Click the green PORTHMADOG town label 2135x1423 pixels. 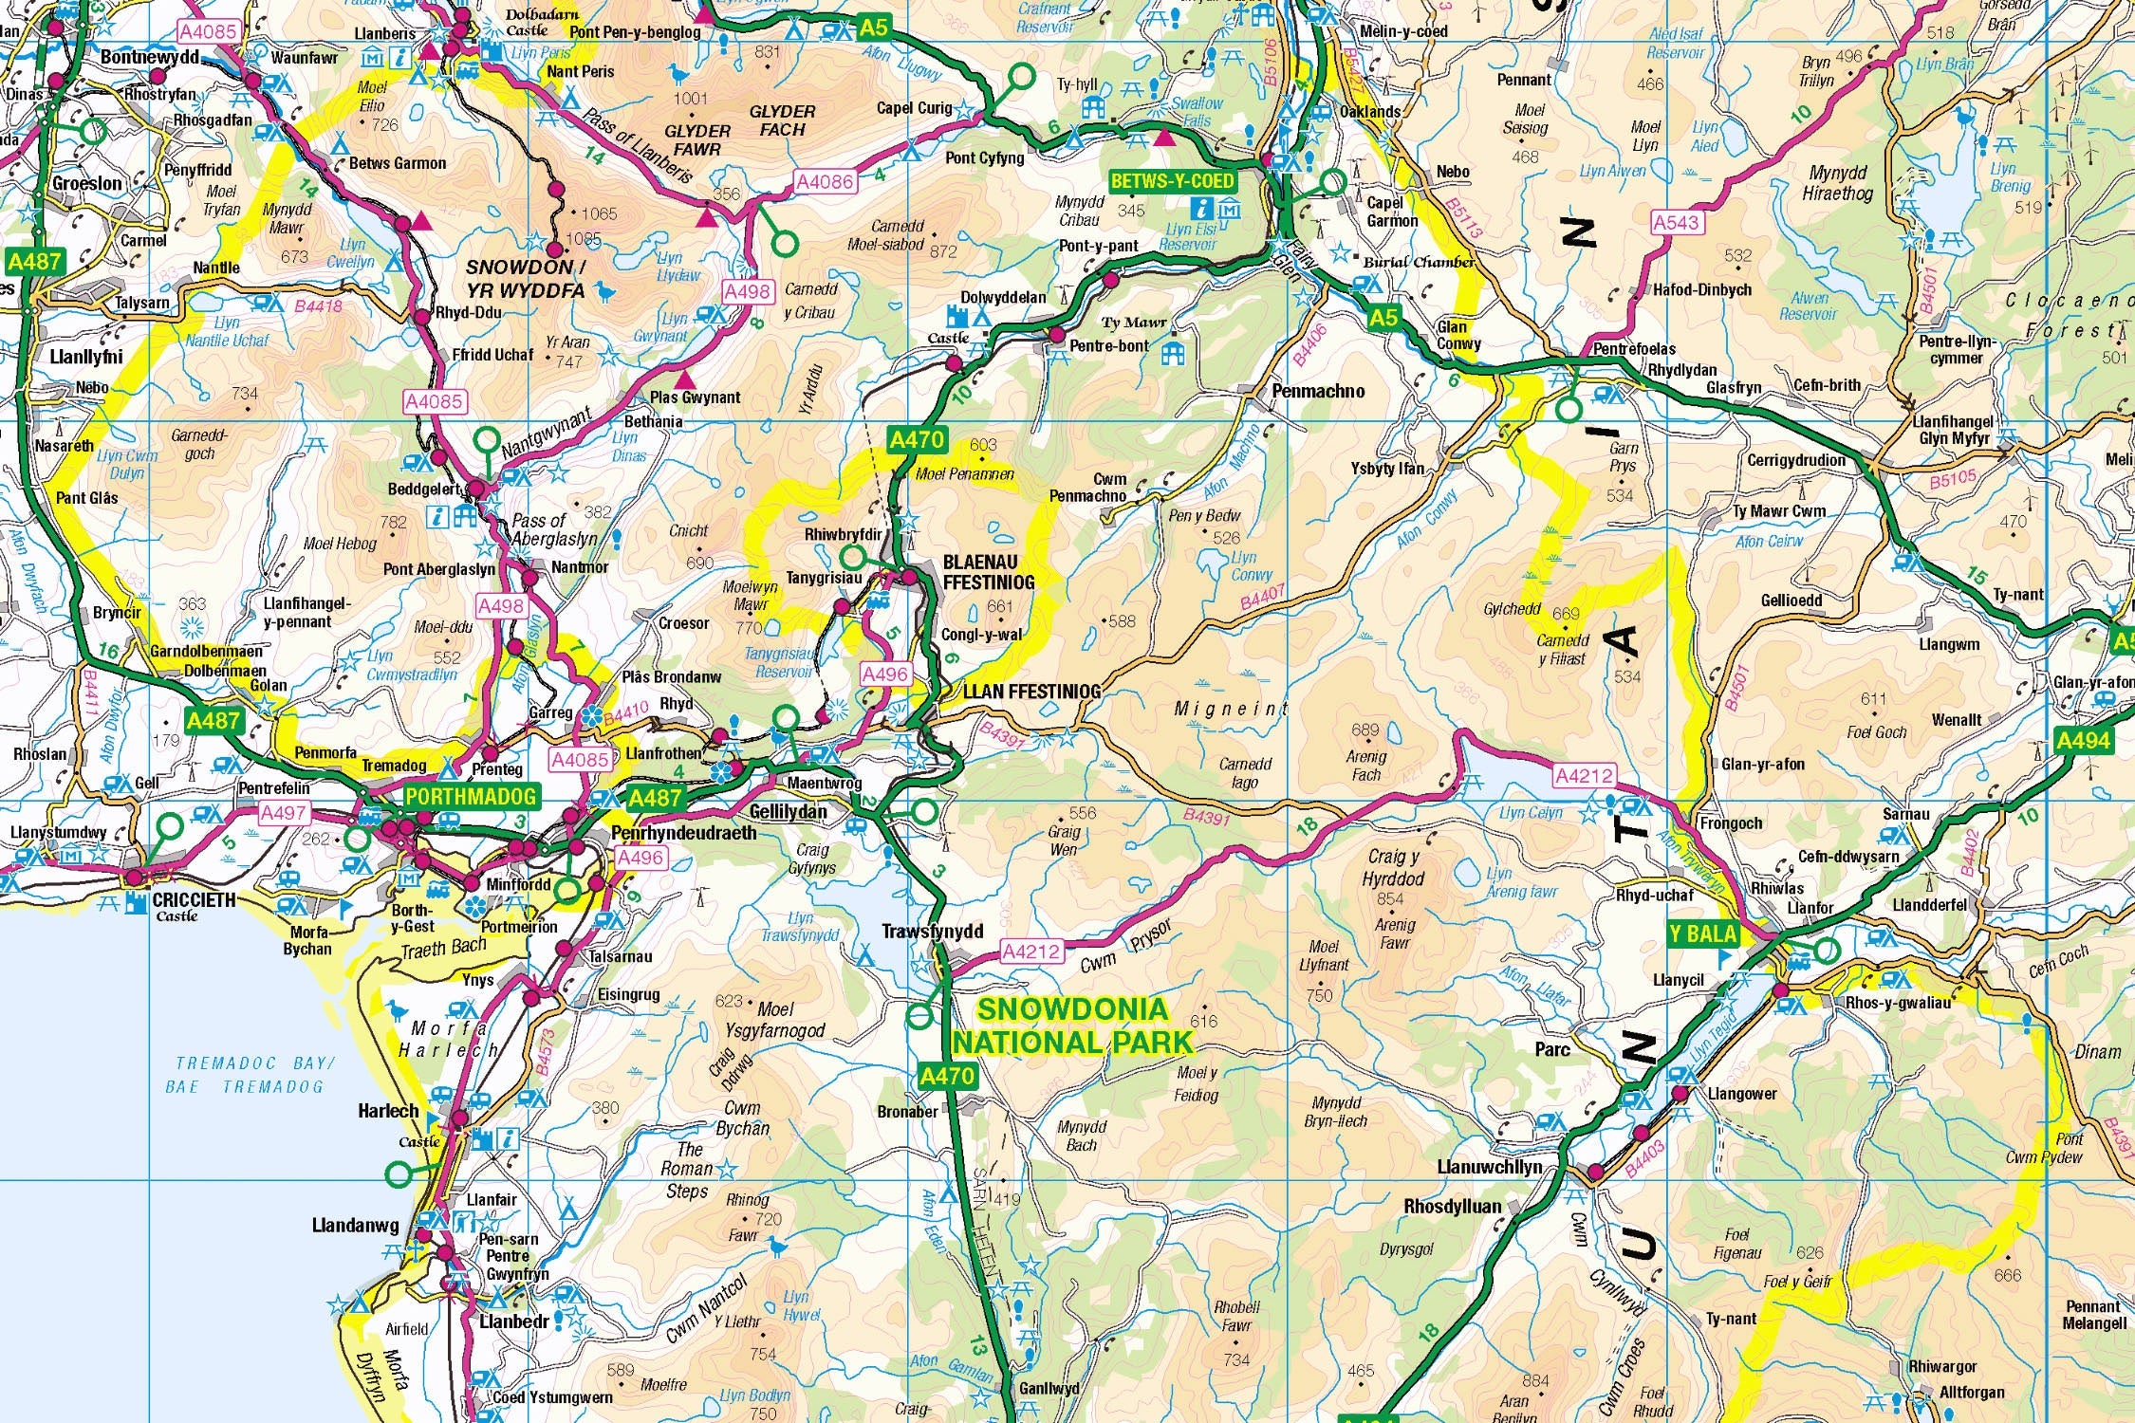tap(471, 796)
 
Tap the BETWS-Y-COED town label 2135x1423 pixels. tap(1172, 181)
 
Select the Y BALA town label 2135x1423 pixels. tap(1702, 933)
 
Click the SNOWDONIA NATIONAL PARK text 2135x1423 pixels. tap(1072, 1026)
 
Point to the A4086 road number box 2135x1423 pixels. tap(825, 181)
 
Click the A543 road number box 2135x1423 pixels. tap(1676, 223)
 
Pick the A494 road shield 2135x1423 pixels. tap(2083, 740)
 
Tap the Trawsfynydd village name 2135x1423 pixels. tap(932, 932)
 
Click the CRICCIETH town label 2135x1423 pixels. tap(194, 899)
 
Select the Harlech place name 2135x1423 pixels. tap(387, 1110)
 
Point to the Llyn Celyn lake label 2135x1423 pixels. tap(1530, 813)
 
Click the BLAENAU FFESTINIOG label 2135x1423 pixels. tap(988, 572)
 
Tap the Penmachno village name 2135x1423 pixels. tap(1318, 391)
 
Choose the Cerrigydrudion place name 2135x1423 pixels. tap(1796, 460)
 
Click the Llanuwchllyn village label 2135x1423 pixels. tap(1490, 1167)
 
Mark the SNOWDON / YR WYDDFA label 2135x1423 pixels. tap(526, 278)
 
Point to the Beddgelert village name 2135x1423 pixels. tap(423, 490)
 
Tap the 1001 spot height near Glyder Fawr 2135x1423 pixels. tap(690, 99)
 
